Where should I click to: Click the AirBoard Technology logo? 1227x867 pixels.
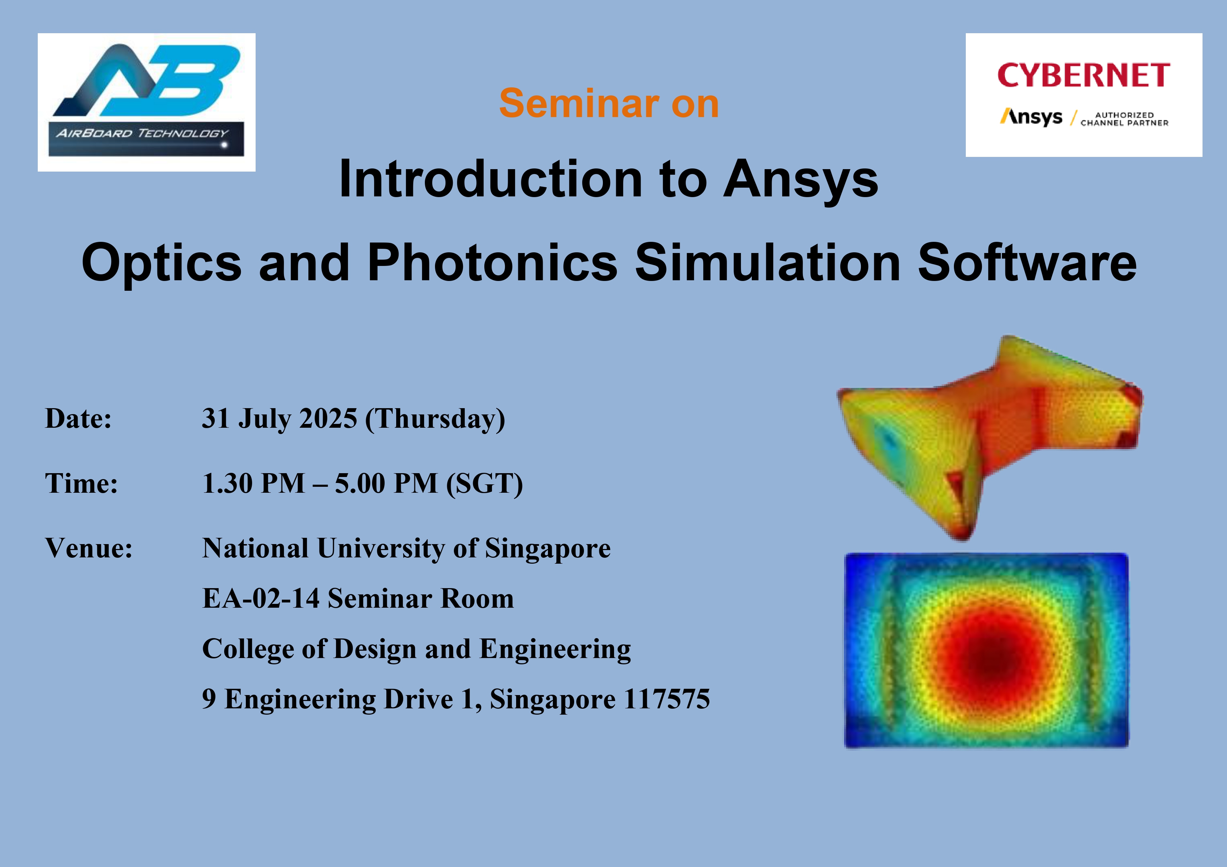pyautogui.click(x=147, y=102)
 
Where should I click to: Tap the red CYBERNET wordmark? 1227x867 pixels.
pyautogui.click(x=1083, y=75)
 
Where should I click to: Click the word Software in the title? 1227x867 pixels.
pyautogui.click(x=1027, y=262)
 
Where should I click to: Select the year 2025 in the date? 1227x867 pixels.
pyautogui.click(x=328, y=418)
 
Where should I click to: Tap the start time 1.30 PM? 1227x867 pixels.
pyautogui.click(x=253, y=483)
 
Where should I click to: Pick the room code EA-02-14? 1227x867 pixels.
pyautogui.click(x=261, y=598)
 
